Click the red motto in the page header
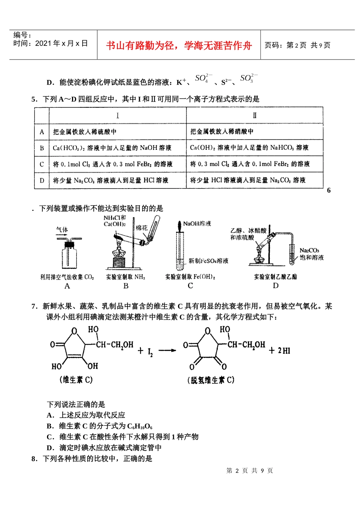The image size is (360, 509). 179,46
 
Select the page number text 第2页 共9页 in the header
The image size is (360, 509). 297,46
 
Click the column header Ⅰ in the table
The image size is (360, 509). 117,115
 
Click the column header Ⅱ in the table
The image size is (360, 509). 255,115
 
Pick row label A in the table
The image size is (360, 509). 42,132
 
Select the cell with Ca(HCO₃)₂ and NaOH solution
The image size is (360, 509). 112,148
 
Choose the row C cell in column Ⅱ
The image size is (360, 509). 250,164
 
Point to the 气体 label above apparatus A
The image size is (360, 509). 62,229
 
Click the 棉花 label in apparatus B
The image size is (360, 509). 141,228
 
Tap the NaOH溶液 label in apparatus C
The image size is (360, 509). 197,224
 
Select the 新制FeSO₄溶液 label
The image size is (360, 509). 208,261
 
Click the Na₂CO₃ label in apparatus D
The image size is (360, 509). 309,250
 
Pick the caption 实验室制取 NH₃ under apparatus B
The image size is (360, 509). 125,277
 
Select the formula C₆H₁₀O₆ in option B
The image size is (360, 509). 140,426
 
